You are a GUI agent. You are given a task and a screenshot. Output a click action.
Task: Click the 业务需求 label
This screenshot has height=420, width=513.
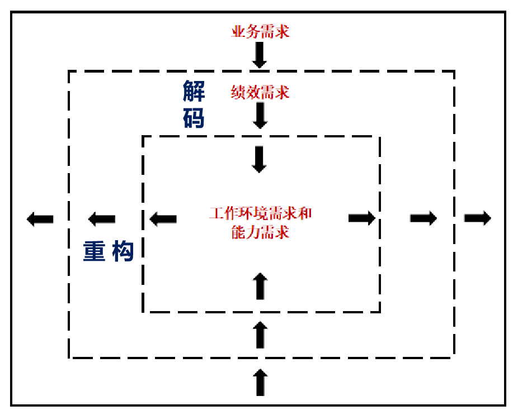[x=260, y=31]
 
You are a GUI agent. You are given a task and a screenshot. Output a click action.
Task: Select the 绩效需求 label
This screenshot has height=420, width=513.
[x=260, y=92]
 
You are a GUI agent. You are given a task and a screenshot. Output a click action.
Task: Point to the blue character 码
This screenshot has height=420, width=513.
[x=194, y=118]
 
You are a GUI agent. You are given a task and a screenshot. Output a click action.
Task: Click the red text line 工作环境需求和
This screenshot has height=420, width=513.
[x=260, y=214]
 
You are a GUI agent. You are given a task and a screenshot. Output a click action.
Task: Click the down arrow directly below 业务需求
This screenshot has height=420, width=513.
[x=260, y=55]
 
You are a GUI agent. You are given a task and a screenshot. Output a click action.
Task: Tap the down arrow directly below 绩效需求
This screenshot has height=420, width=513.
[x=260, y=115]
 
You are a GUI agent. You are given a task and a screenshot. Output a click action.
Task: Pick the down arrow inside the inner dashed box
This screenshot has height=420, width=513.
[x=260, y=159]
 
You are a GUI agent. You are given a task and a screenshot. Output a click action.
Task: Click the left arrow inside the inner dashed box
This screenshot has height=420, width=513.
[x=163, y=218]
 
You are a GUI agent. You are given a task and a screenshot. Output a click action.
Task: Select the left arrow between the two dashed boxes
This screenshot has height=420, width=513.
[x=102, y=219]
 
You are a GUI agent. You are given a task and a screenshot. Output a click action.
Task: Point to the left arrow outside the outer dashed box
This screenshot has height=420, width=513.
[x=40, y=219]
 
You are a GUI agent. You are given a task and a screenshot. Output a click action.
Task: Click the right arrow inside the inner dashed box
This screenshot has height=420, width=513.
[x=361, y=218]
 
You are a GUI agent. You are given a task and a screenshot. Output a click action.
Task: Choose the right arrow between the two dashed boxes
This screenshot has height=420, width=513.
[x=423, y=218]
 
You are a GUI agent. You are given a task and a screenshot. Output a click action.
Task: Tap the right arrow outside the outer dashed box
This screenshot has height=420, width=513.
[x=477, y=218]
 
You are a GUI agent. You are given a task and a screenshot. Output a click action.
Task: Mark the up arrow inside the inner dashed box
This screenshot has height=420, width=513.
[x=260, y=286]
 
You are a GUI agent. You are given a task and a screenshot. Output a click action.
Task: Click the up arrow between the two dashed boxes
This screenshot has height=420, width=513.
[x=260, y=335]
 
